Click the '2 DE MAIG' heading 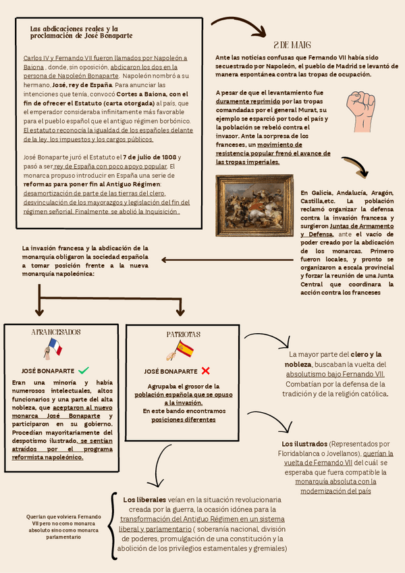292,45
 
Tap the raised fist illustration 360,107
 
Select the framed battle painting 254,205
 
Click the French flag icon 54,348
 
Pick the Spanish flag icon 182,350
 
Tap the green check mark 84,370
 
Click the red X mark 206,370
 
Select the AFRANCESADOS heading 56,332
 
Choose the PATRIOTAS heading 184,334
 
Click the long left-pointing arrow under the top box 230,259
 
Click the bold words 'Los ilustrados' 304,444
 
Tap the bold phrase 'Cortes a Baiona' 140,94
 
